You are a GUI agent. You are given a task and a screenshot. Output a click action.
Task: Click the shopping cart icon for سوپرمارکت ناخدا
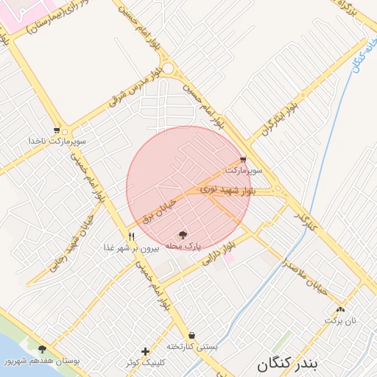click(x=57, y=130)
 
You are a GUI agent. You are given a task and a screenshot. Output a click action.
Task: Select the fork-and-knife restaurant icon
click(x=131, y=236)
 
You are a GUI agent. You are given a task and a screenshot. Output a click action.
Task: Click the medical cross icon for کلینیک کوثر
click(x=145, y=351)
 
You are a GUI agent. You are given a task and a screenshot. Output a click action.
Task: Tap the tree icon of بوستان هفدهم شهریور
click(x=42, y=350)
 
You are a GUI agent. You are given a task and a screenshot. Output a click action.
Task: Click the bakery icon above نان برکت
click(x=340, y=310)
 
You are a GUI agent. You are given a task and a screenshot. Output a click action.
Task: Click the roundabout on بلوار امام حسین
click(x=169, y=68)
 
